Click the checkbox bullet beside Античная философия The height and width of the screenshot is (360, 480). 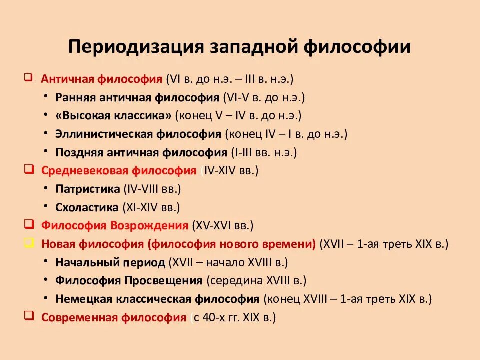(28, 78)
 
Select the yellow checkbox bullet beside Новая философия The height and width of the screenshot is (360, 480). (28, 243)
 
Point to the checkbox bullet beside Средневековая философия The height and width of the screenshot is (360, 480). (28, 170)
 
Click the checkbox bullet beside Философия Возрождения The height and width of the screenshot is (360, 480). (28, 225)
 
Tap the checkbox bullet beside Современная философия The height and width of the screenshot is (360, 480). (28, 317)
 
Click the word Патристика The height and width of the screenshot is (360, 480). (88, 189)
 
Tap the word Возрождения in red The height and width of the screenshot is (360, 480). (149, 226)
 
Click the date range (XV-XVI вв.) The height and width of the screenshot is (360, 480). (223, 226)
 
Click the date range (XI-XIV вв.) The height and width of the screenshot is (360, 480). (151, 207)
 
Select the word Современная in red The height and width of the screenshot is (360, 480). (79, 317)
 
